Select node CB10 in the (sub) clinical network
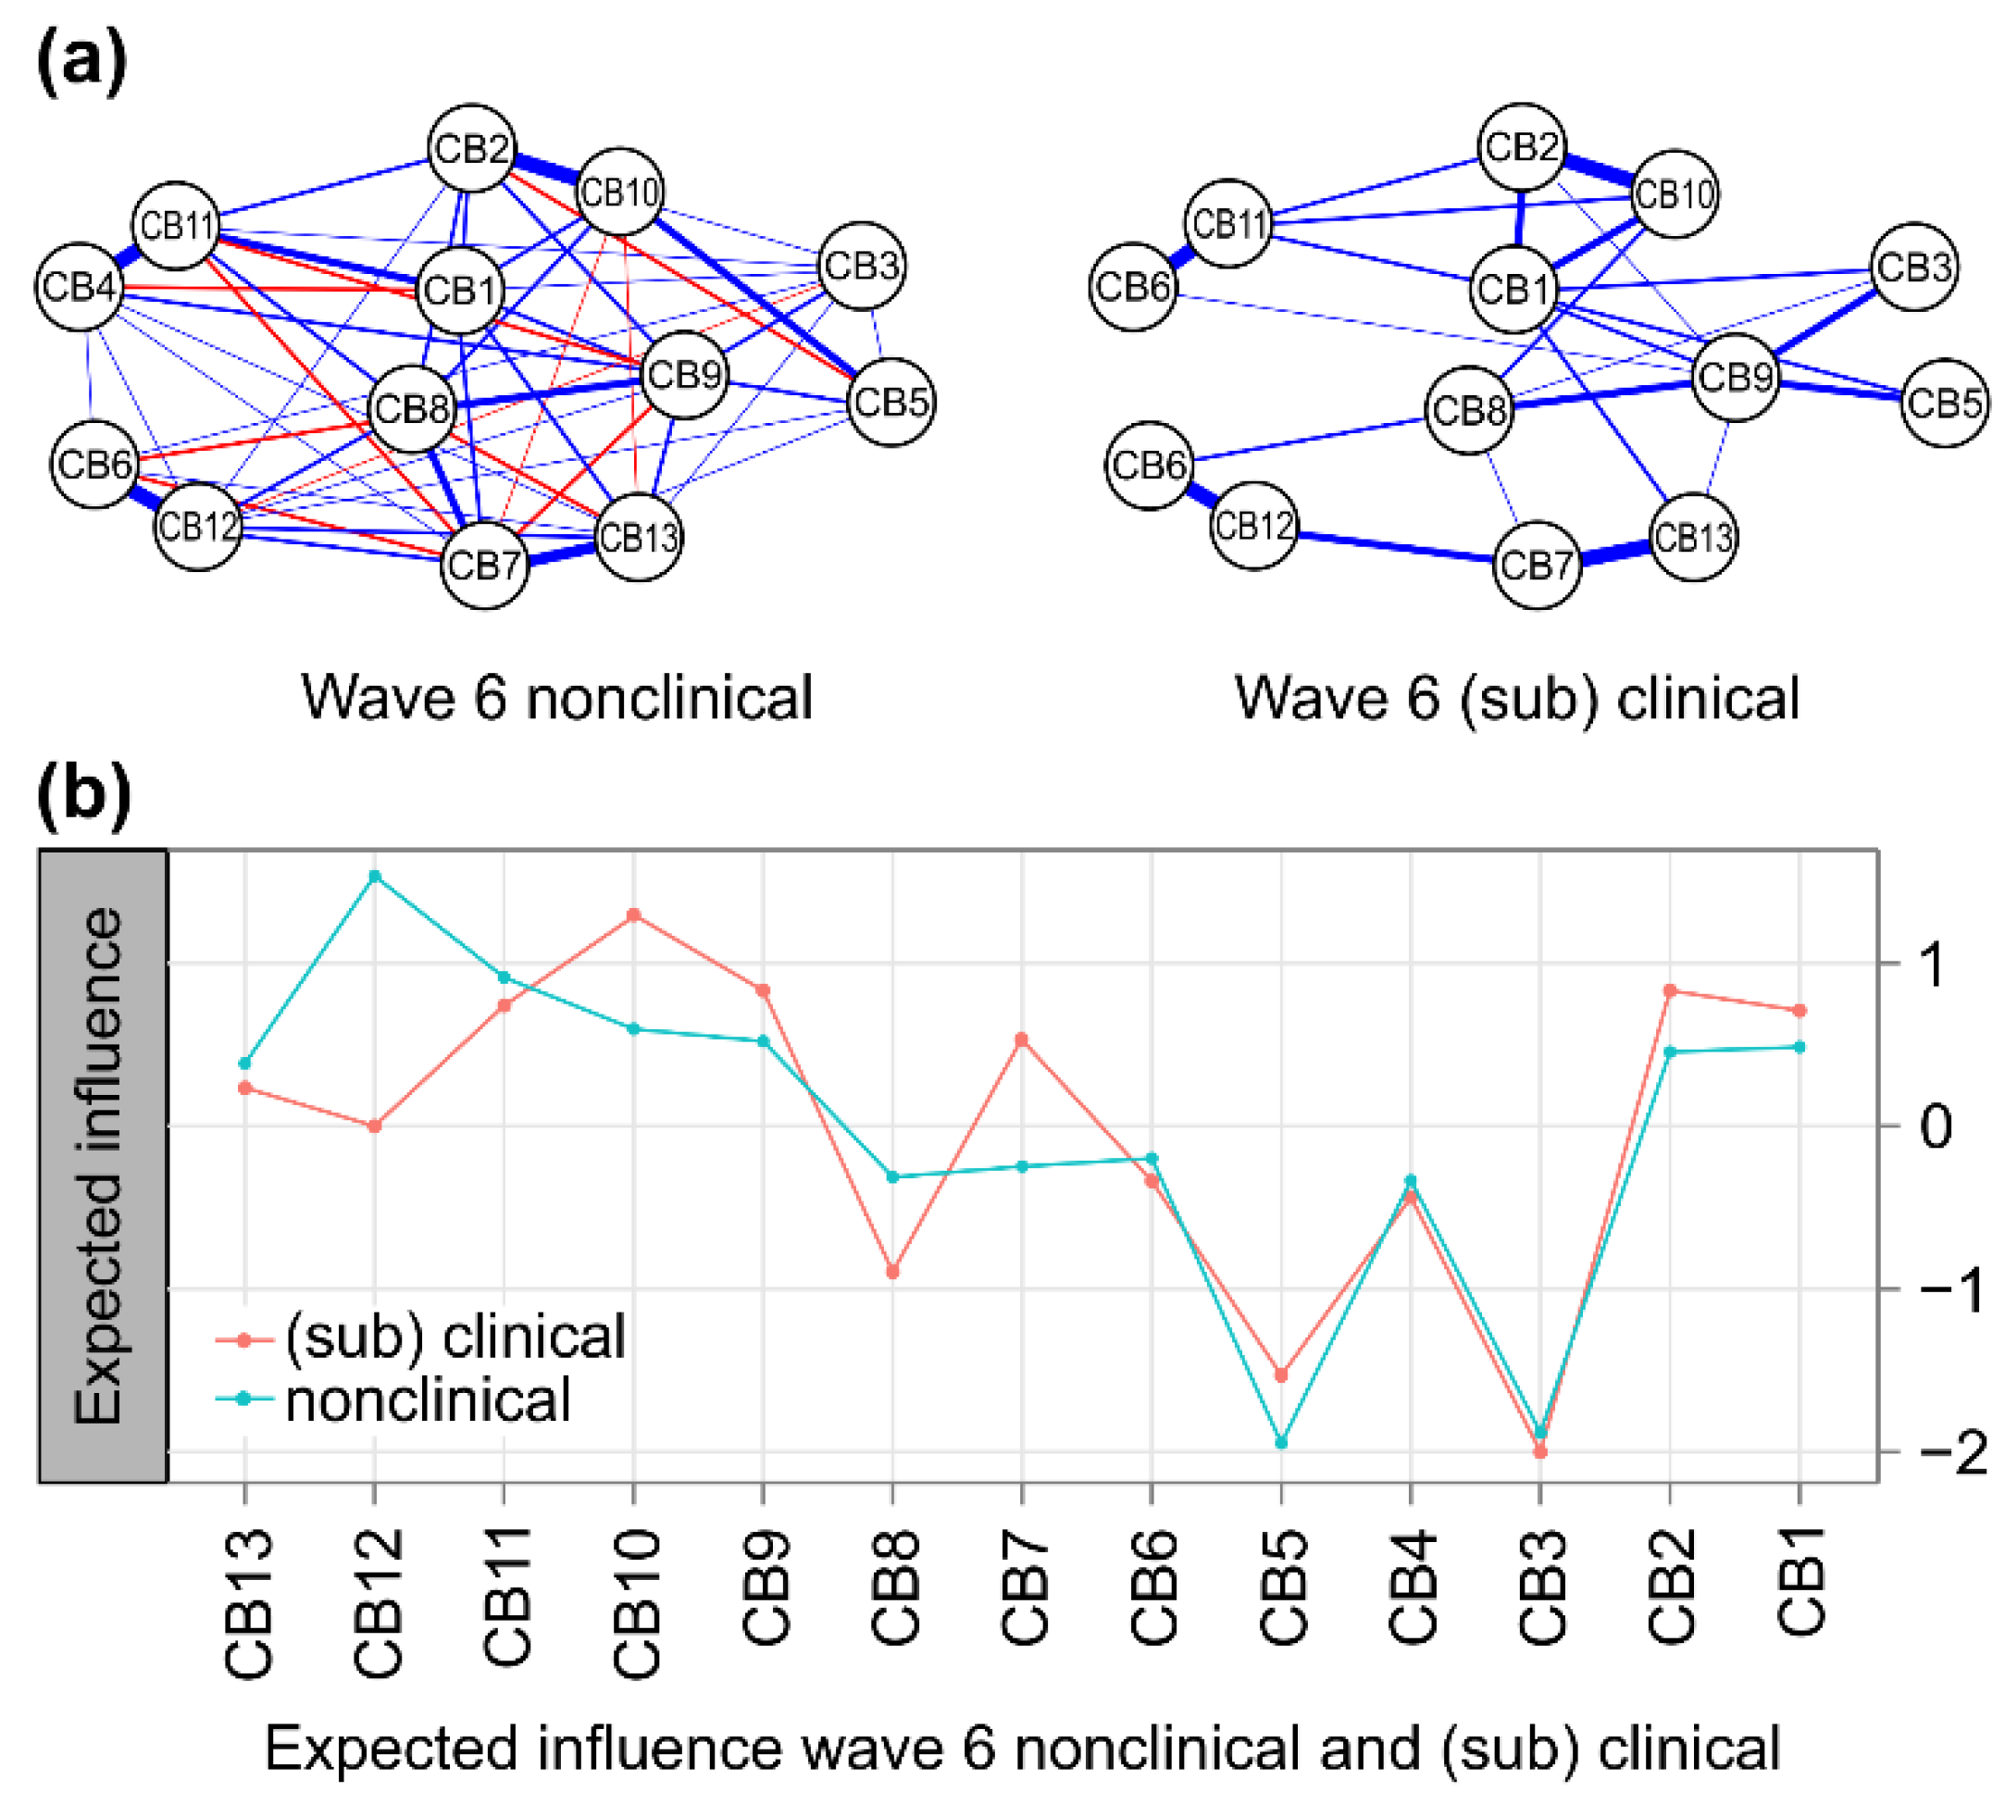pos(1673,193)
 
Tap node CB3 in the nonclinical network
pos(861,265)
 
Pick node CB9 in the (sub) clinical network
pos(1735,377)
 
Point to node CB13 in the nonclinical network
pos(640,537)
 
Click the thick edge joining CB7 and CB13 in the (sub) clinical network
pos(1614,552)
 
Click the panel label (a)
pos(81,61)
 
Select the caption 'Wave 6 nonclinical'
pos(556,698)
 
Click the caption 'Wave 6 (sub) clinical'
pos(1516,698)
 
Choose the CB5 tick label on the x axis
pos(1282,1586)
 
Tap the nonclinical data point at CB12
pos(375,877)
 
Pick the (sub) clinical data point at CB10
pos(633,914)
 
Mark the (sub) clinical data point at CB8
pos(893,1272)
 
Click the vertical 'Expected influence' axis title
pos(99,1165)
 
